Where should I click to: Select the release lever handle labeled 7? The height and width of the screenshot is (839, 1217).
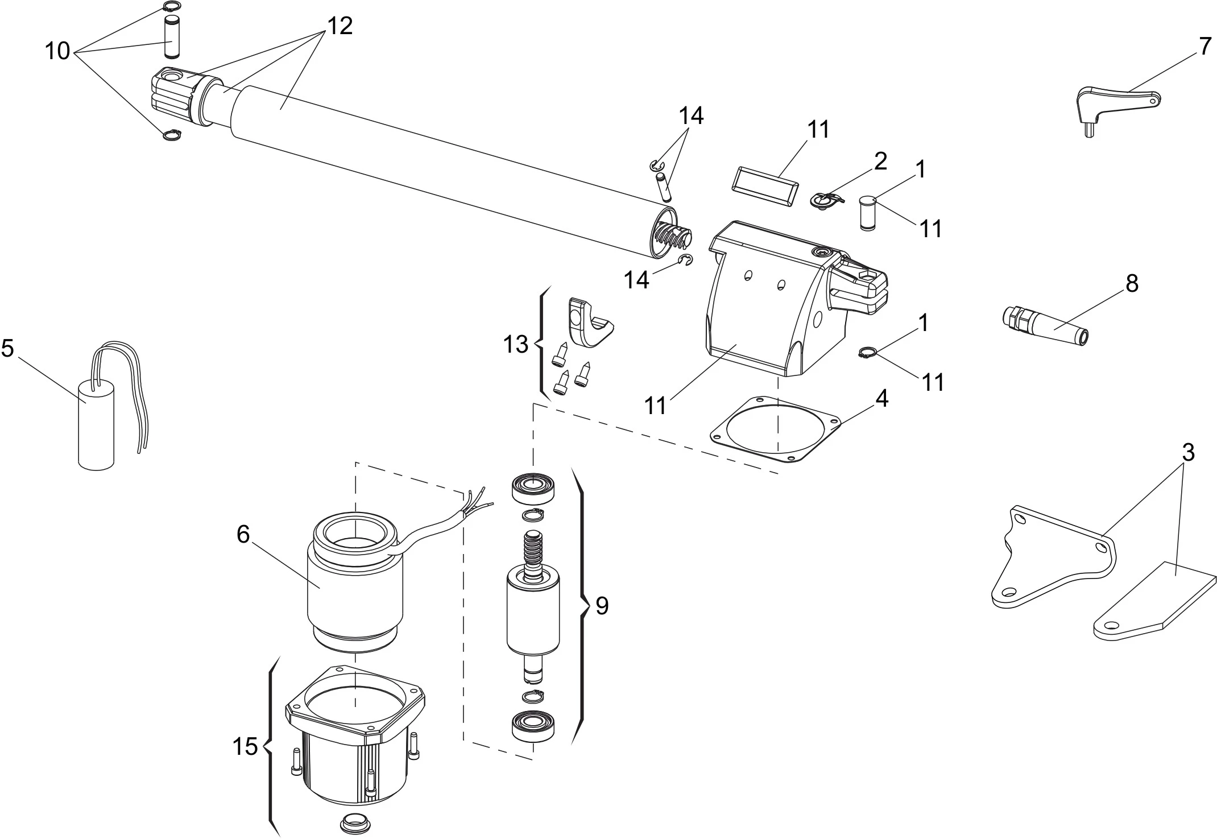pyautogui.click(x=1112, y=105)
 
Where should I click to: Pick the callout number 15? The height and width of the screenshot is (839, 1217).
pyautogui.click(x=245, y=746)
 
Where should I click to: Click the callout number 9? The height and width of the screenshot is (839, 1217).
pyautogui.click(x=602, y=606)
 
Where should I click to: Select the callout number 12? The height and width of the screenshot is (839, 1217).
pyautogui.click(x=340, y=26)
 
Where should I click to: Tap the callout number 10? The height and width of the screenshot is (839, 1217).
pyautogui.click(x=57, y=51)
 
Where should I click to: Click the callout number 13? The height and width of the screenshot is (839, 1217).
pyautogui.click(x=516, y=344)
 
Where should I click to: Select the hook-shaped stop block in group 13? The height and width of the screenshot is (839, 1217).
pyautogui.click(x=589, y=323)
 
